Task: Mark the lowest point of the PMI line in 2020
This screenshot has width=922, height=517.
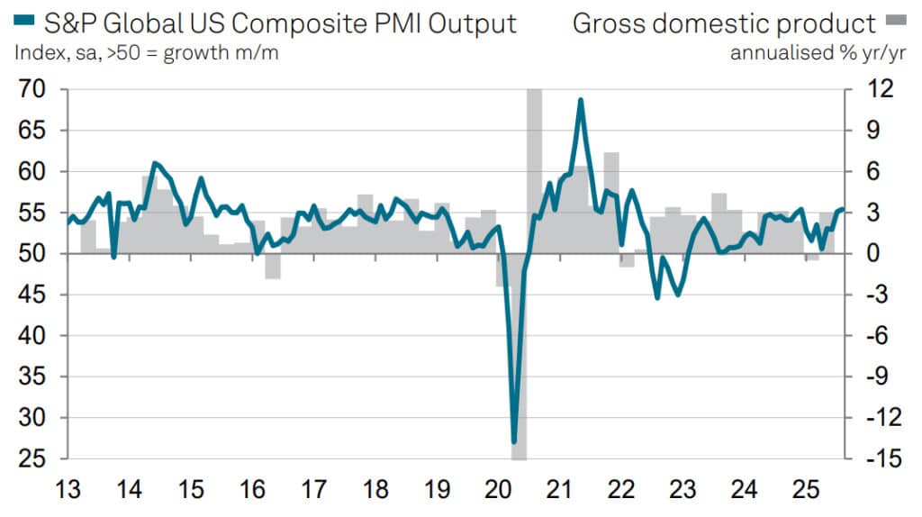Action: pyautogui.click(x=514, y=441)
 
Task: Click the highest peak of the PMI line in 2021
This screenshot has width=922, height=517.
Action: pyautogui.click(x=581, y=100)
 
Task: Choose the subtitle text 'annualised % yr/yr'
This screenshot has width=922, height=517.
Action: pyautogui.click(x=817, y=52)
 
